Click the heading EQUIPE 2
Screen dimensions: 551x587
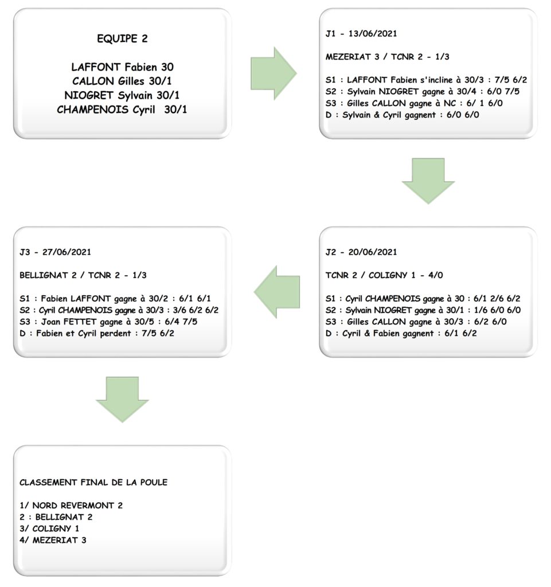(122, 38)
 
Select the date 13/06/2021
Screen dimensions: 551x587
(373, 33)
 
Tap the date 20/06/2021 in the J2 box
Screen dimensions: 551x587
(373, 252)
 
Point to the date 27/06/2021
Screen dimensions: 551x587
(67, 252)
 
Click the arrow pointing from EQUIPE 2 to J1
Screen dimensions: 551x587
(273, 73)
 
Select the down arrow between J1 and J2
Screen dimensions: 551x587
(428, 181)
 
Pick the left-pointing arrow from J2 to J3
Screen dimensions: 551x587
(277, 292)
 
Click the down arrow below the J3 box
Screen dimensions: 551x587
(122, 400)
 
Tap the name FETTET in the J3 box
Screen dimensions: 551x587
(78, 322)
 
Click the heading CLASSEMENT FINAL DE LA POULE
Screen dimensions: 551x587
(93, 482)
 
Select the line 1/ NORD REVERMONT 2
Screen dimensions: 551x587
(71, 506)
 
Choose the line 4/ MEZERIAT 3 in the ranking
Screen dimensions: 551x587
(53, 540)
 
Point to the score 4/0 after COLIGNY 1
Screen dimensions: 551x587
(435, 275)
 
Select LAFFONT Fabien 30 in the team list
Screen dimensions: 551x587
(122, 67)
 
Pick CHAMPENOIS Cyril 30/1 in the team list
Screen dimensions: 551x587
(122, 109)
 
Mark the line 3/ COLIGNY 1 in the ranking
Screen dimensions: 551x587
(49, 528)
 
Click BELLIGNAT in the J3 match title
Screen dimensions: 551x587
(44, 275)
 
